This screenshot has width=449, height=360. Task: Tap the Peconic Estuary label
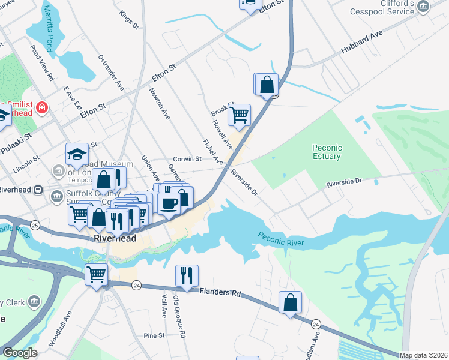click(x=327, y=152)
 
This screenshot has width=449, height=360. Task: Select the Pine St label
click(x=154, y=335)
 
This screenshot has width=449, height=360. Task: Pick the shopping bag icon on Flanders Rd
click(x=291, y=302)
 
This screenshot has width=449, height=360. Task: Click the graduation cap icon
click(x=77, y=154)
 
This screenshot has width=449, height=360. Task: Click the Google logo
click(x=20, y=353)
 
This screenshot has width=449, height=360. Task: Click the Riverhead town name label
click(x=115, y=238)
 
